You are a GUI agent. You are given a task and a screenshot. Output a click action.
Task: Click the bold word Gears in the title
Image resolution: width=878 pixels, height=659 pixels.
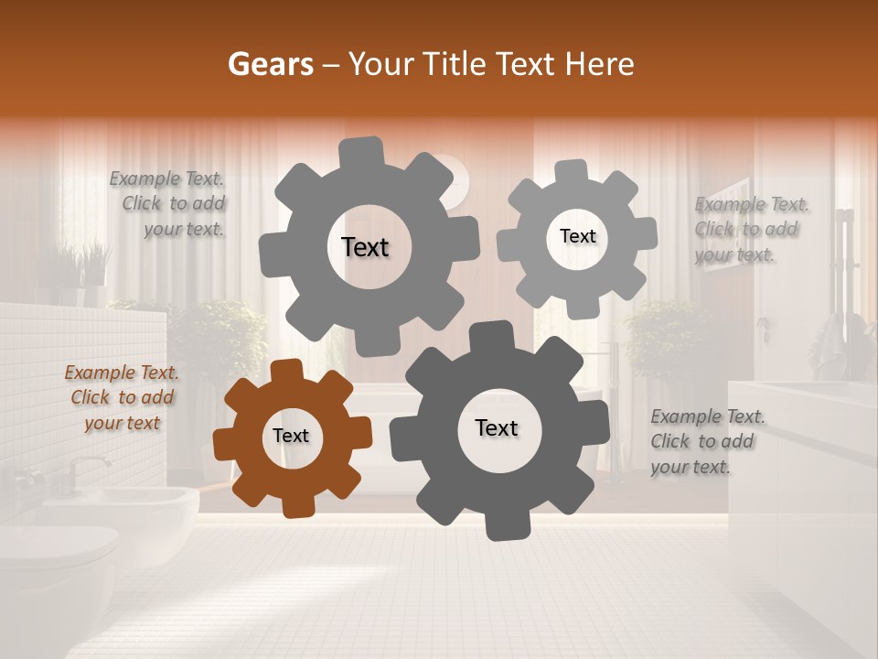[x=270, y=64]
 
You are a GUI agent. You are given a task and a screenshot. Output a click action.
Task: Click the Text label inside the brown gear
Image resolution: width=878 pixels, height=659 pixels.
[x=291, y=437]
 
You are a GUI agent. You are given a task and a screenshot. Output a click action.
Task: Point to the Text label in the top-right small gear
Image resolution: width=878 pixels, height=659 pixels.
[x=577, y=236]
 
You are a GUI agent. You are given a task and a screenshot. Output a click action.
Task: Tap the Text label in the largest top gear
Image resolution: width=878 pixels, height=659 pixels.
[x=365, y=247]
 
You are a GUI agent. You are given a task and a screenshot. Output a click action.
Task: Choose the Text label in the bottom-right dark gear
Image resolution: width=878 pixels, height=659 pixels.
[x=497, y=427]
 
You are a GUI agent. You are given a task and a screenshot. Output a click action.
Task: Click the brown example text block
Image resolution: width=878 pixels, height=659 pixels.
[x=122, y=397]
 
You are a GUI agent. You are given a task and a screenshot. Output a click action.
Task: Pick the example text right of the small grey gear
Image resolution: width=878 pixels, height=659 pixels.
[x=750, y=229]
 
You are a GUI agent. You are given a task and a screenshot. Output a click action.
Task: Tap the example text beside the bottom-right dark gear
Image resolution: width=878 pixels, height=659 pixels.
[x=707, y=441]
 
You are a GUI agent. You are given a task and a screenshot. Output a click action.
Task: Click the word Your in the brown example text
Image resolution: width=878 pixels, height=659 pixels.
[x=102, y=423]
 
